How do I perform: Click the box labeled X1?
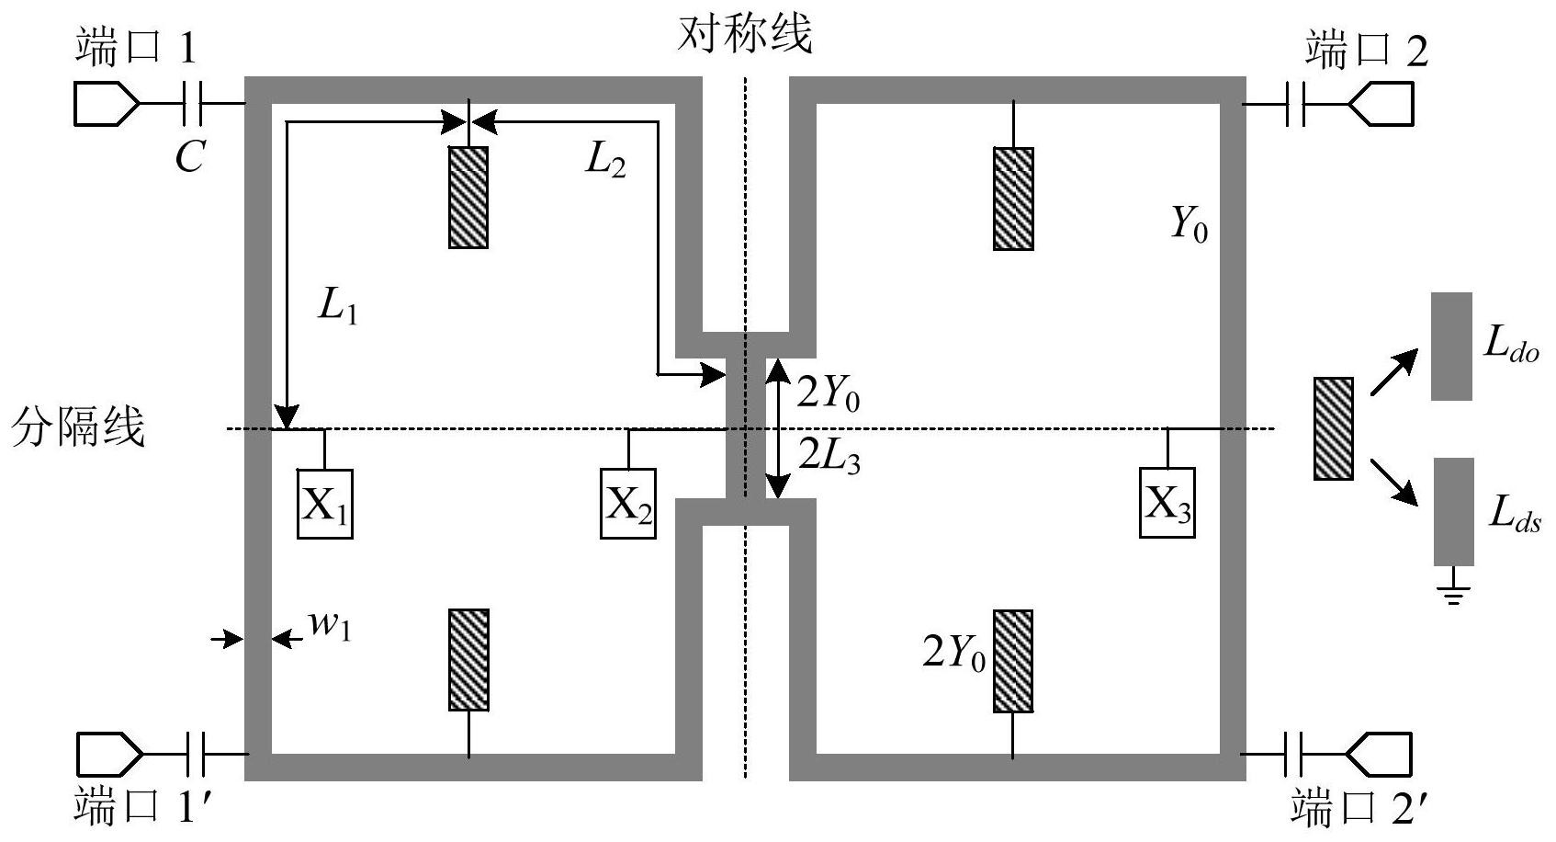point(325,504)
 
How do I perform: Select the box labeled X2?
point(628,504)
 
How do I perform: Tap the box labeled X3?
point(1167,503)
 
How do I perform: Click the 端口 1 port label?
point(136,48)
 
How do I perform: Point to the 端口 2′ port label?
point(1359,807)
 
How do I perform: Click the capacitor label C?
point(189,156)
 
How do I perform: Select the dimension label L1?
point(338,307)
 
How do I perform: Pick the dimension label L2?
point(605,161)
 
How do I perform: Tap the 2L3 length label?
point(829,457)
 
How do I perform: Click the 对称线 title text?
point(745,33)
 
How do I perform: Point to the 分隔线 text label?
point(78,427)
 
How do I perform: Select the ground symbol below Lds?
point(1453,586)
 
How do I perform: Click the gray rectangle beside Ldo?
point(1451,347)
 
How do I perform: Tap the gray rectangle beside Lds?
point(1454,512)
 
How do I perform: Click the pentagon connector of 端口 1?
point(107,104)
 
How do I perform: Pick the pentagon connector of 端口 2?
point(1381,104)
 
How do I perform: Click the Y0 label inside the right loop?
point(1190,224)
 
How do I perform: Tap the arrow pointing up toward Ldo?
point(1394,372)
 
